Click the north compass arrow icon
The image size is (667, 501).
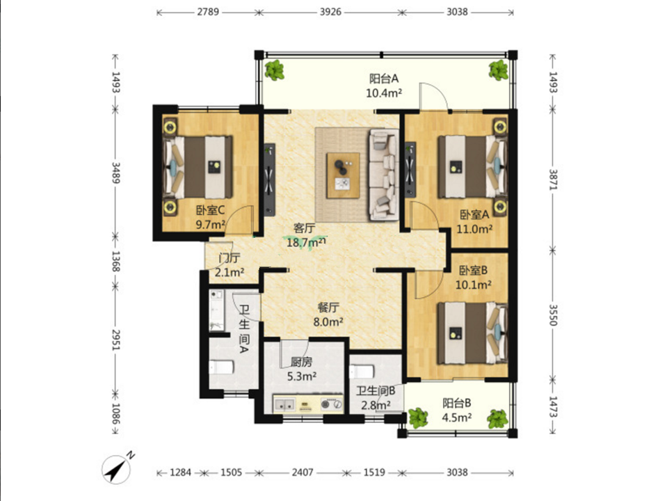pos(116,468)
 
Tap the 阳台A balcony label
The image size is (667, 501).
pos(384,79)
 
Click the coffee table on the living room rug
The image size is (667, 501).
pos(343,175)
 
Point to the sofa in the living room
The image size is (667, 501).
pos(384,175)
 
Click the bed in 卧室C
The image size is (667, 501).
pos(198,167)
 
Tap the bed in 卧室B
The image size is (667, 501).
pos(472,333)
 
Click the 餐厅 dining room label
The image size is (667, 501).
pos(328,308)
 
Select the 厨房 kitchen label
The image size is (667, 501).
pos(301,362)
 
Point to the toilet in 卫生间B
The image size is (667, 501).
pos(362,372)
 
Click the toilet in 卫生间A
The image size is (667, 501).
pos(221,367)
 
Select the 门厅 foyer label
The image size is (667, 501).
pos(230,258)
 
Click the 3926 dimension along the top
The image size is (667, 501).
pos(330,12)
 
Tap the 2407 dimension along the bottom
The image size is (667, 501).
pos(303,472)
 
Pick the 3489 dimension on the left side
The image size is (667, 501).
pos(115,173)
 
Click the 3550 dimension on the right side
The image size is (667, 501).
pos(552,315)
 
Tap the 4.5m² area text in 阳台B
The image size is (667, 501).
pos(456,417)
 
